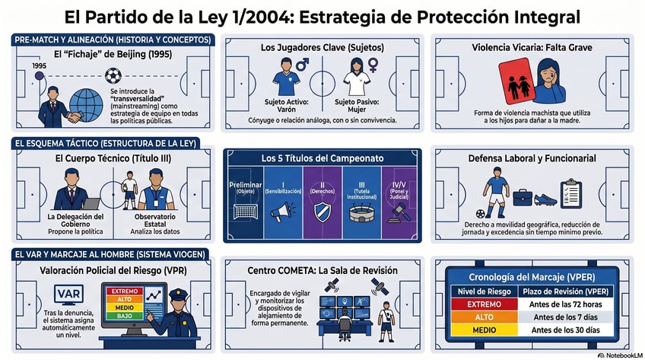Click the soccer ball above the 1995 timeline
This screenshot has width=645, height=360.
click(x=113, y=75)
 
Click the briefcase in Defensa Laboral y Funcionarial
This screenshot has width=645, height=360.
click(x=522, y=196)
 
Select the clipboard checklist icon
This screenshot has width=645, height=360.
click(x=571, y=193)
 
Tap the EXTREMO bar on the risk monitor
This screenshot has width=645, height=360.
click(x=125, y=292)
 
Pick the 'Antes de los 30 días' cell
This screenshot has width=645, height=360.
click(x=564, y=330)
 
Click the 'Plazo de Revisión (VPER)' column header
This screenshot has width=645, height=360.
click(x=564, y=291)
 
